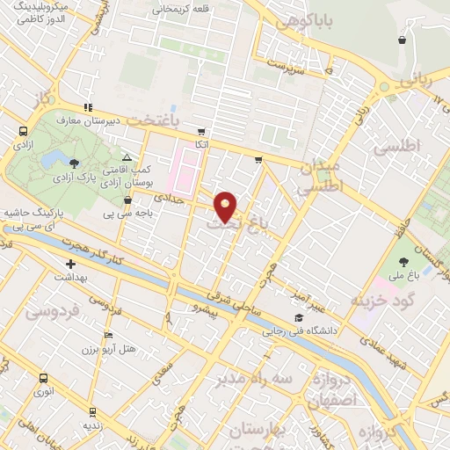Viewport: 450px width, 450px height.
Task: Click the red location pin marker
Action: point(226,207)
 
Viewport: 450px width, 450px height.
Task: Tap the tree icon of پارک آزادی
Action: point(74,163)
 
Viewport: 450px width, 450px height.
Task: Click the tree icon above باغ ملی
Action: point(403,262)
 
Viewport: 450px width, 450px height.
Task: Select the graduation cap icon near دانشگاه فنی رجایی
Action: point(299,318)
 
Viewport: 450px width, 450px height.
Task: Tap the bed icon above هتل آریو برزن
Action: point(108,335)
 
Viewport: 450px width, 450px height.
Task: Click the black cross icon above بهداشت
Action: point(70,263)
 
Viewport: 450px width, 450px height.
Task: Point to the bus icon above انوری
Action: point(43,378)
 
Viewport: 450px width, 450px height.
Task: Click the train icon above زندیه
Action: point(92,410)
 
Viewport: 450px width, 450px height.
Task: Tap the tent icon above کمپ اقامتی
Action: point(127,156)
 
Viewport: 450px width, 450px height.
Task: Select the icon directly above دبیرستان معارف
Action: point(87,106)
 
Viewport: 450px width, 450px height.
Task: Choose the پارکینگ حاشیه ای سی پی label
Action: point(35,220)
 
